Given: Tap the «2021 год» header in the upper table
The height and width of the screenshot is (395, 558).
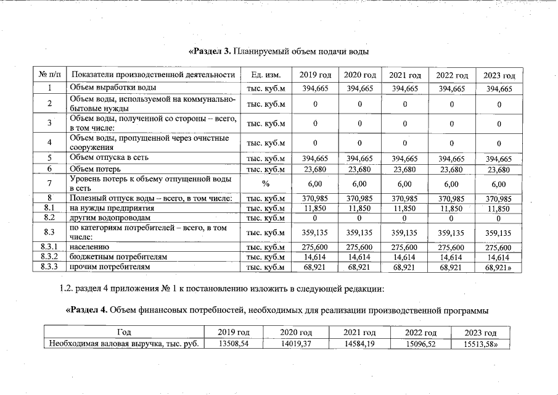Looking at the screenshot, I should (x=405, y=75).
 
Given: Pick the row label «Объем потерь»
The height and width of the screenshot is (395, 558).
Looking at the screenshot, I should (x=95, y=168).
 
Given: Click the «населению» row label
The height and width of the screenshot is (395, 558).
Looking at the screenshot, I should (x=91, y=247).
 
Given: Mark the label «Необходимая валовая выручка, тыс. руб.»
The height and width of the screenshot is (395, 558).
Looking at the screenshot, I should (x=124, y=344).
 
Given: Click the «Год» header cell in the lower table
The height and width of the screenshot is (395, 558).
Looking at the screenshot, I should (x=124, y=333).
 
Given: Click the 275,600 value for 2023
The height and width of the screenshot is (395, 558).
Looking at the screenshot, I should (x=499, y=247).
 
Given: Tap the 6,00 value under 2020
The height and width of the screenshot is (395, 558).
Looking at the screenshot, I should (x=361, y=184).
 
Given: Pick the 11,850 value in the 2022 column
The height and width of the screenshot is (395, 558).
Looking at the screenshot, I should (x=452, y=209).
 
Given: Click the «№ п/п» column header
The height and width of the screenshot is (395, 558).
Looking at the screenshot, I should (x=49, y=75).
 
